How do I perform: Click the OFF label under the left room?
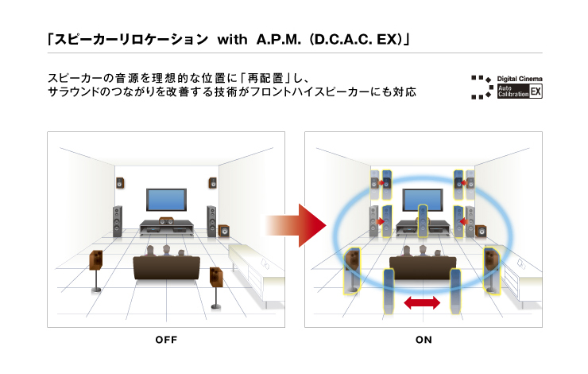pos(165,340)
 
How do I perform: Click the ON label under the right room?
pos(424,340)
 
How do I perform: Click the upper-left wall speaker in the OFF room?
pos(120,184)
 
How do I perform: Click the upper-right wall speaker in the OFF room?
pos(212,183)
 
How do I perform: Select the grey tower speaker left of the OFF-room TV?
pos(118,220)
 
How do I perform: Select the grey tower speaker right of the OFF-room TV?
pos(211,220)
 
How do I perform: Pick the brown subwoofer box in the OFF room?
pos(224,231)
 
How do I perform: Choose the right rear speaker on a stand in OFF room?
pos(216,278)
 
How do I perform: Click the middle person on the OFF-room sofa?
pos(167,252)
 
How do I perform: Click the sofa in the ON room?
pos(422,267)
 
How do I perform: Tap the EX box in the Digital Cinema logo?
pos(536,92)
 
